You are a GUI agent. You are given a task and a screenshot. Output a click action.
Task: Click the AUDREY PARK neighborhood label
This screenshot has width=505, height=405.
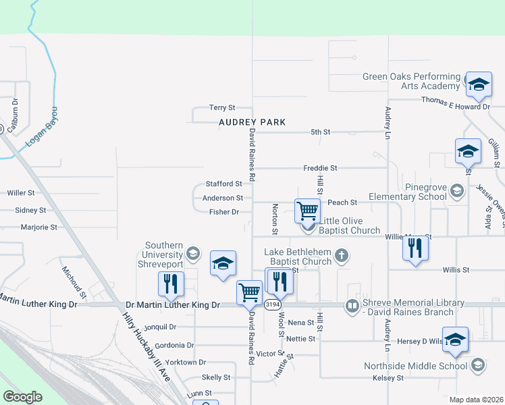[x=252, y=122]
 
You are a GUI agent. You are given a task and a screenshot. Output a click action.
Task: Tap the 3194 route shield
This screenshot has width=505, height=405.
[x=273, y=304]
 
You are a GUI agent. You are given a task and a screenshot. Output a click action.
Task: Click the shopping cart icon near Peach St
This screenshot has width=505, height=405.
[x=307, y=211]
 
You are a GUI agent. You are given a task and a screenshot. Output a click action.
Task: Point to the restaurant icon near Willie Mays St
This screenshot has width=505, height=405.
[x=415, y=248]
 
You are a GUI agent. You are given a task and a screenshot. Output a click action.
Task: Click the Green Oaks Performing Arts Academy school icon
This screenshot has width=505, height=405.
[x=479, y=84]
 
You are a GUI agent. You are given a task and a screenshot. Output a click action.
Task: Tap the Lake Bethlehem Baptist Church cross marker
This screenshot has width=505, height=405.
[x=342, y=254]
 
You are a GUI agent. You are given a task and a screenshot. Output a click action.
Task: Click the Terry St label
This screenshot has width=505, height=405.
[x=221, y=107]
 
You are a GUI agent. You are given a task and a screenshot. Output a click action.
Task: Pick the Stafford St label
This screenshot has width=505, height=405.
[x=223, y=184]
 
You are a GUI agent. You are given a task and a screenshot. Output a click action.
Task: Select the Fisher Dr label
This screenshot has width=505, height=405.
[x=224, y=212]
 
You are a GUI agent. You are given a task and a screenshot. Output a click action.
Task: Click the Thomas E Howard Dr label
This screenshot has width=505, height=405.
[x=455, y=99]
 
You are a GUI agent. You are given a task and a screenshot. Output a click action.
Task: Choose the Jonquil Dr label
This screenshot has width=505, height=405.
[x=160, y=327]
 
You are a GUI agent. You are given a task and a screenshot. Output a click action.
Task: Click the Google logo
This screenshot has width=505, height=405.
[x=23, y=397]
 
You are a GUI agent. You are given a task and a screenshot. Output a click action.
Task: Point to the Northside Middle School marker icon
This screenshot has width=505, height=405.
[x=477, y=366]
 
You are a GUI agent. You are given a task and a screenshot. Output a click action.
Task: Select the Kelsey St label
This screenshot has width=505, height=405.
[x=388, y=378]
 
